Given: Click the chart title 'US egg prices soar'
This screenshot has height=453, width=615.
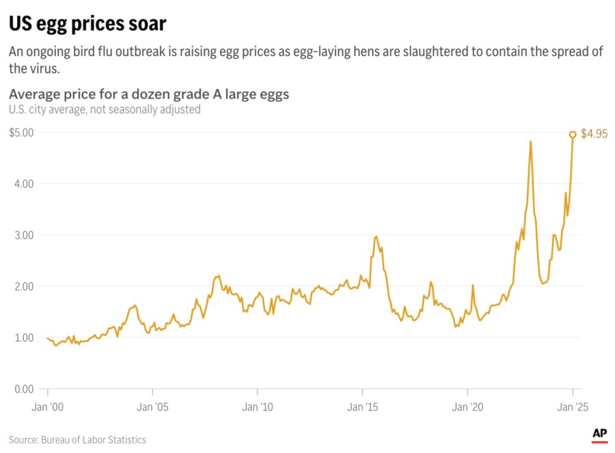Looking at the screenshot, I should [x=87, y=23].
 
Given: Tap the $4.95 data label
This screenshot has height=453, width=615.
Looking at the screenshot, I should [x=592, y=135].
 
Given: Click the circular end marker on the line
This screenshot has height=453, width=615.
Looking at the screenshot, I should [x=573, y=135].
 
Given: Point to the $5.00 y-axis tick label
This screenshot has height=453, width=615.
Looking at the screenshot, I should [x=21, y=133].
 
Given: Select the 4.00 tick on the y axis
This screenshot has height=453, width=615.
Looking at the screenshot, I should [x=25, y=184].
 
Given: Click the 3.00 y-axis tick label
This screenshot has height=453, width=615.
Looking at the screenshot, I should [x=25, y=235].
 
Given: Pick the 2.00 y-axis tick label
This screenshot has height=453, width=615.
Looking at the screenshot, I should [x=25, y=286].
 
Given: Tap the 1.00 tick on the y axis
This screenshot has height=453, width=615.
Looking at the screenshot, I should [x=25, y=338].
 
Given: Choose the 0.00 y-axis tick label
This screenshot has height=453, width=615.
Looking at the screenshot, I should [x=25, y=389].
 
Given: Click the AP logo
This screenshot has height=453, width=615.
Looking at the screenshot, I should [x=600, y=433].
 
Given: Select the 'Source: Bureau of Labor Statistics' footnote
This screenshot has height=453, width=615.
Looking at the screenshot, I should [x=77, y=439].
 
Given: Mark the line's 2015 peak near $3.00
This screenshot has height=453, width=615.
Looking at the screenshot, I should [x=377, y=236].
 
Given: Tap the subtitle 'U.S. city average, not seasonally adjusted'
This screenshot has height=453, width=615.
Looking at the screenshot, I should [x=105, y=109].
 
